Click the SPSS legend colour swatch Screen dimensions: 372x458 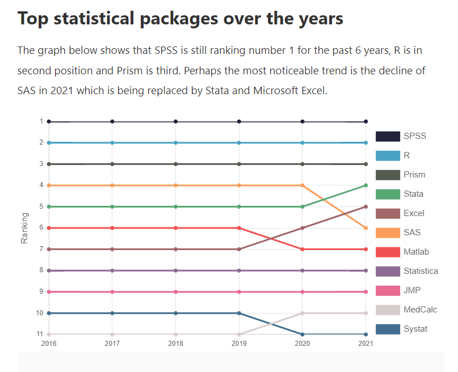387,136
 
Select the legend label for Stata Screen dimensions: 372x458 413,194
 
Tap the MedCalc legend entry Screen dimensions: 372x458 420,310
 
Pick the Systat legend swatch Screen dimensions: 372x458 387,329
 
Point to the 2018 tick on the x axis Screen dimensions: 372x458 176,343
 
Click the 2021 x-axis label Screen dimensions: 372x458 366,343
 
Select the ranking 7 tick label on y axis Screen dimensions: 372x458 41,249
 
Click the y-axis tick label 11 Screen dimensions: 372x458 40,334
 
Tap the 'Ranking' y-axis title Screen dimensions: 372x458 24,228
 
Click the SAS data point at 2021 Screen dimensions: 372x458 366,228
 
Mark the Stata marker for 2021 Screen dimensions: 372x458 366,185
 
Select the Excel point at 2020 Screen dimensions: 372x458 302,228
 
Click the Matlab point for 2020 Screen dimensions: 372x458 302,249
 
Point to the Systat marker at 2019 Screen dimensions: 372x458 239,313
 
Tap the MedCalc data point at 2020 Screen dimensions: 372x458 302,313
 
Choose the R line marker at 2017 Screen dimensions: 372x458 112,143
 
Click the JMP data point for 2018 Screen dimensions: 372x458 176,292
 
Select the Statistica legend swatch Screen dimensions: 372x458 387,271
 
